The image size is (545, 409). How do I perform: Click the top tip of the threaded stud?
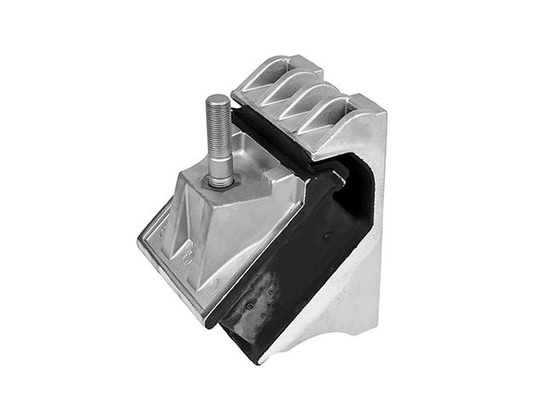tap(218, 97)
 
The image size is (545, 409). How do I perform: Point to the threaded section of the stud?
tap(219, 128)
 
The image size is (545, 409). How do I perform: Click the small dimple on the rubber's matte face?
tap(326, 237)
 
